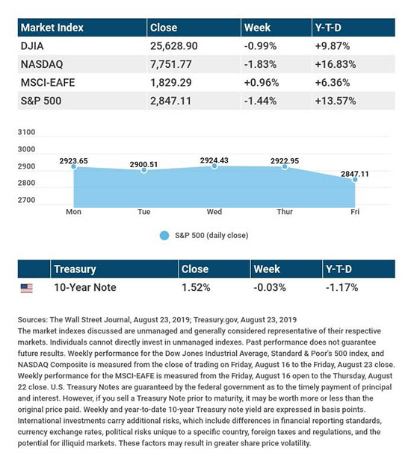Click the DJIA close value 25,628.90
point(173,46)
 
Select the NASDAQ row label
point(42,64)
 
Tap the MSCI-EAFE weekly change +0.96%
point(262,83)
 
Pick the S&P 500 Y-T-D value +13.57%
point(336,101)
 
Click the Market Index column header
point(52,28)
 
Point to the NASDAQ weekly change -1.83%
point(260,64)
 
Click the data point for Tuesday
point(143,170)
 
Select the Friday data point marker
point(355,180)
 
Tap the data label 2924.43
point(214,160)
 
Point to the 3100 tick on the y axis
point(26,132)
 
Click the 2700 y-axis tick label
point(26,200)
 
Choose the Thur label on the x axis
point(285,212)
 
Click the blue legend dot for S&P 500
point(164,236)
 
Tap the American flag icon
point(27,288)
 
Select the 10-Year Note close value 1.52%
point(196,287)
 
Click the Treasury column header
point(75,269)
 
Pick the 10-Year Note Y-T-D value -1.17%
point(342,287)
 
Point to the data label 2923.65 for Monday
point(73,161)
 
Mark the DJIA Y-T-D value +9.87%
point(333,46)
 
